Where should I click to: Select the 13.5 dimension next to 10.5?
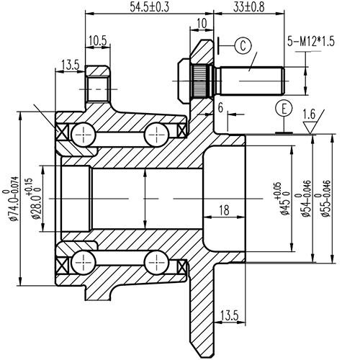pyautogui.click(x=69, y=65)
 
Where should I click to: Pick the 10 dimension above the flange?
pyautogui.click(x=201, y=24)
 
